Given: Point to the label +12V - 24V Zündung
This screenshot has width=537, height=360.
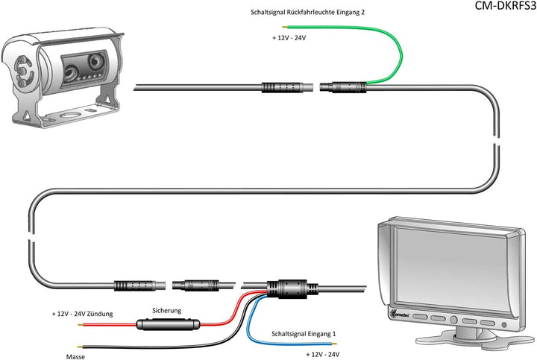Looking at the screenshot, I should pos(82,315).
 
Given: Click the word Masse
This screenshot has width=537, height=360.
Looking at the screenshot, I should pos(75,357).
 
